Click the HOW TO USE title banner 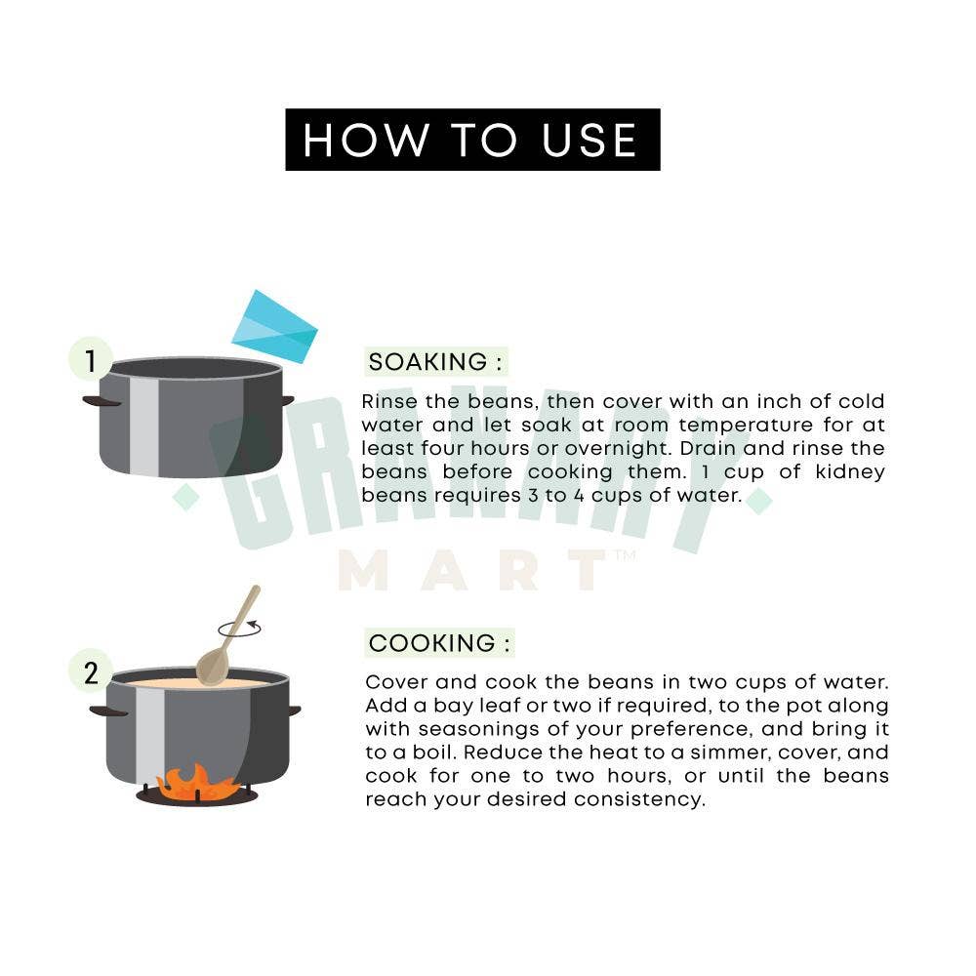tap(472, 140)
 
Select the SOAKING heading tap(435, 362)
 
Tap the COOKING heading tap(439, 643)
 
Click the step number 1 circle tap(91, 360)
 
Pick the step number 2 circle tap(91, 672)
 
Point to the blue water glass tap(274, 327)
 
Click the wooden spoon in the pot tap(227, 636)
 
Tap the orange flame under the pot tap(196, 783)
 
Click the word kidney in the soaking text tap(850, 472)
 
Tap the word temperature tap(746, 426)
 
